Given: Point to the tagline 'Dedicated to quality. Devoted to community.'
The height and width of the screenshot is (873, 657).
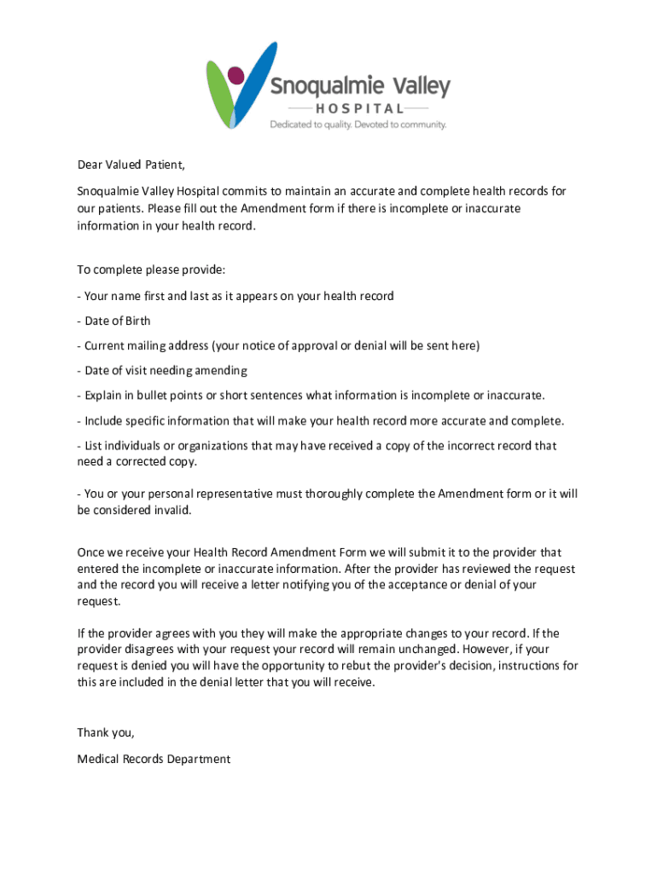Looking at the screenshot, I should (x=358, y=124).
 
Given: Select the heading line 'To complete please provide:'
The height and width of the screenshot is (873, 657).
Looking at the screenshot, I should (x=151, y=270).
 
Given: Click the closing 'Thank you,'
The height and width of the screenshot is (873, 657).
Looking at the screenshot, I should (x=106, y=732).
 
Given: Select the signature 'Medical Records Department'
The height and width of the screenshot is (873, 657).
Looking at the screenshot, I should (x=154, y=759).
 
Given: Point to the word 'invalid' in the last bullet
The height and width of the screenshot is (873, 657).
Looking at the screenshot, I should (x=172, y=511).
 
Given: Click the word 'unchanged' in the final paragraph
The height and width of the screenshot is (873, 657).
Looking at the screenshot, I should (x=416, y=650).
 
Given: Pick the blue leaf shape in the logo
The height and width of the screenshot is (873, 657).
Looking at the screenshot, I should (x=253, y=85).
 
